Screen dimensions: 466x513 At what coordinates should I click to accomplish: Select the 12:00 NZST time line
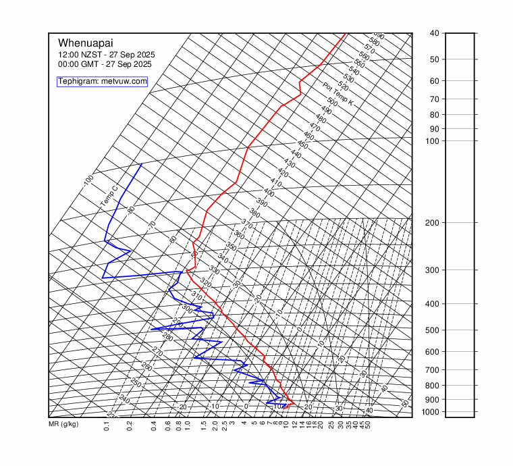105,55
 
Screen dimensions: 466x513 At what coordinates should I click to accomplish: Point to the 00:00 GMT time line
105,64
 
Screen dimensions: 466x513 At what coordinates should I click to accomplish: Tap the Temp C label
109,197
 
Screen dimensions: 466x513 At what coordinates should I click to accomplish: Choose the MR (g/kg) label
63,424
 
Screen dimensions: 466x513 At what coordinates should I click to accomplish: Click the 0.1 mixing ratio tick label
107,425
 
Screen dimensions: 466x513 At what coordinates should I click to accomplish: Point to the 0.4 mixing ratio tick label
154,425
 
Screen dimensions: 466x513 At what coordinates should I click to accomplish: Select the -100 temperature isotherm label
88,181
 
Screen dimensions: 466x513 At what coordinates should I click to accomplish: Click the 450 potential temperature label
302,145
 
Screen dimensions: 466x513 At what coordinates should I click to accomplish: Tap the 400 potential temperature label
269,192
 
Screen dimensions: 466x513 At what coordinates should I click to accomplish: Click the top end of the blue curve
141,164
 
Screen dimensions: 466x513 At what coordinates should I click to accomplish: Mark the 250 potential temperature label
136,383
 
